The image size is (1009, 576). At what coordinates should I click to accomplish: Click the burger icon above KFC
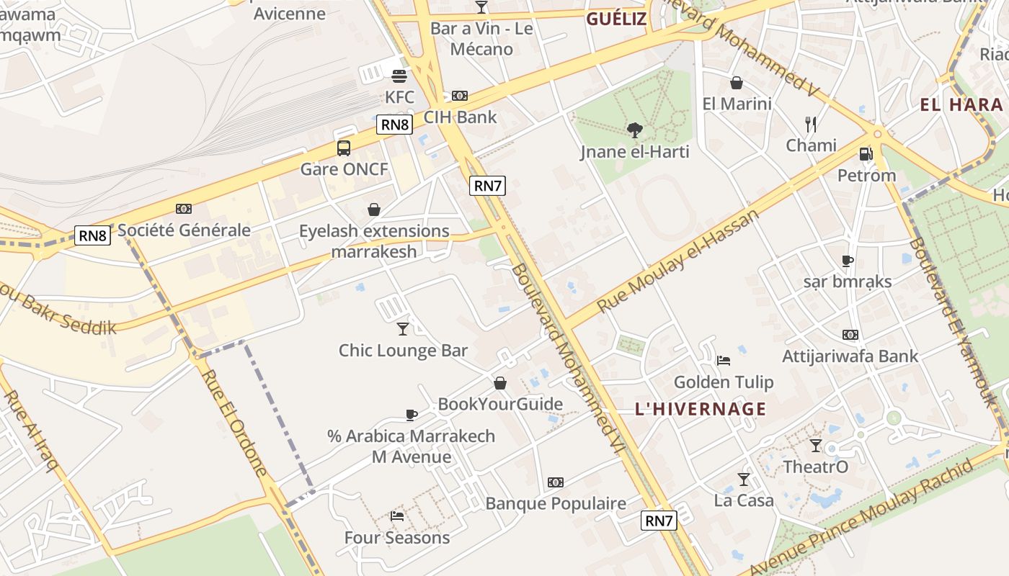pyautogui.click(x=399, y=76)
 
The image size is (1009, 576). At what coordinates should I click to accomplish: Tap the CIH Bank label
pyautogui.click(x=460, y=117)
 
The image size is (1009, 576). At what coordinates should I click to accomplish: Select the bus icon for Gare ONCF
pyautogui.click(x=344, y=148)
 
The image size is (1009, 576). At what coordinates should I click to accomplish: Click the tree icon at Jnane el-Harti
pyautogui.click(x=635, y=130)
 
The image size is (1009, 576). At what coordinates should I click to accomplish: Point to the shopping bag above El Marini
pyautogui.click(x=737, y=83)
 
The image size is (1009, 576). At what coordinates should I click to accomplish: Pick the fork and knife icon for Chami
pyautogui.click(x=811, y=124)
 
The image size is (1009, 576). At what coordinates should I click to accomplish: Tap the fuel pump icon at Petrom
pyautogui.click(x=866, y=153)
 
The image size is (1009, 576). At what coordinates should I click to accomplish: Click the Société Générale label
pyautogui.click(x=184, y=230)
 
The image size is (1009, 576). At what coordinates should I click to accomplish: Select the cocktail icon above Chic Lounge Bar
pyautogui.click(x=403, y=329)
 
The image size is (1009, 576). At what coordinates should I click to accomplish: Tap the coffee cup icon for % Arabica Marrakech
pyautogui.click(x=411, y=415)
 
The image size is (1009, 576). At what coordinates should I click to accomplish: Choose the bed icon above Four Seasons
pyautogui.click(x=397, y=516)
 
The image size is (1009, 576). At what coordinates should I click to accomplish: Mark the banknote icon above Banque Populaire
pyautogui.click(x=555, y=482)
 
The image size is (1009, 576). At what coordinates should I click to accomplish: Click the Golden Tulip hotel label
pyautogui.click(x=723, y=382)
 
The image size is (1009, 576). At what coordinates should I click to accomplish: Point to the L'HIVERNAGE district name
pyautogui.click(x=700, y=409)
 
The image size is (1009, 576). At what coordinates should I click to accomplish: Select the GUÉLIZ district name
pyautogui.click(x=615, y=19)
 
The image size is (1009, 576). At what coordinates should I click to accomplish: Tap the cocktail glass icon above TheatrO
pyautogui.click(x=816, y=446)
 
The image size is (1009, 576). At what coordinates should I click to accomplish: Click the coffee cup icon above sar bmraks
pyautogui.click(x=848, y=261)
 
